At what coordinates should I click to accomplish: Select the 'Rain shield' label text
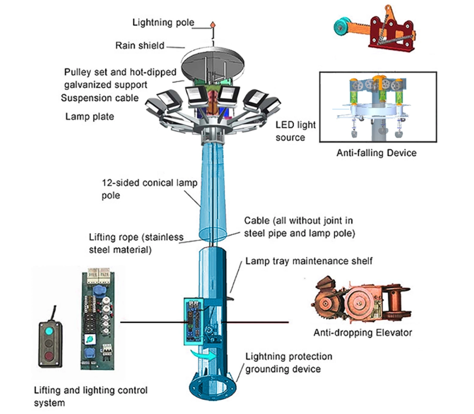(x=140, y=46)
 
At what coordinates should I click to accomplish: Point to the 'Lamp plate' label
(x=90, y=116)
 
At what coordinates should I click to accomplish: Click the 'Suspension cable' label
(x=100, y=98)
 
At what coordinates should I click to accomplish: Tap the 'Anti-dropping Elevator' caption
(x=363, y=332)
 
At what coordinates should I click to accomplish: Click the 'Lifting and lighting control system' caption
(x=91, y=396)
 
